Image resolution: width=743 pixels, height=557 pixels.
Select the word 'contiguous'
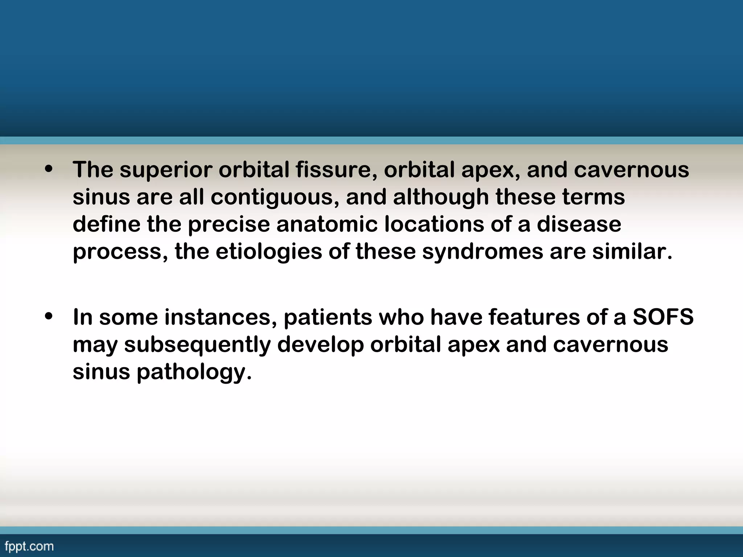275,197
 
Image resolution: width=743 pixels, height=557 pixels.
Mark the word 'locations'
434,224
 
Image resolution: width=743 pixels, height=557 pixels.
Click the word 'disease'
579,224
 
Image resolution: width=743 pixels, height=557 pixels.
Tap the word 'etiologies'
268,251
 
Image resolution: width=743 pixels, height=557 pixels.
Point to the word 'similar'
632,251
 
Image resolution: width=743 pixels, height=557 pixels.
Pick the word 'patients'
328,317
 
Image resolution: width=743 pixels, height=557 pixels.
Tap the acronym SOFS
663,317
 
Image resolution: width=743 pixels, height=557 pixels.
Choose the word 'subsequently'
197,344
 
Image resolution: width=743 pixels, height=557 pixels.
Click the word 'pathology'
194,372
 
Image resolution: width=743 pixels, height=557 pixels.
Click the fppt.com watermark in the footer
29,546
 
